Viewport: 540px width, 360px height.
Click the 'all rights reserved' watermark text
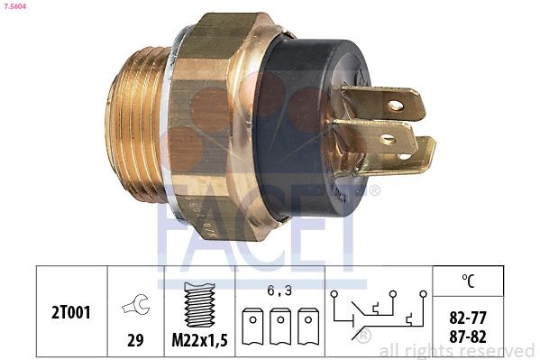[457, 350]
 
